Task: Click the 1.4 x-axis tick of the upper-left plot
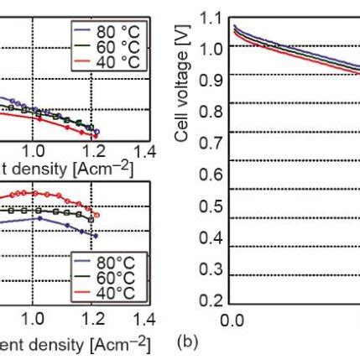144,151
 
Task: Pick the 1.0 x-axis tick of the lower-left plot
33,320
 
